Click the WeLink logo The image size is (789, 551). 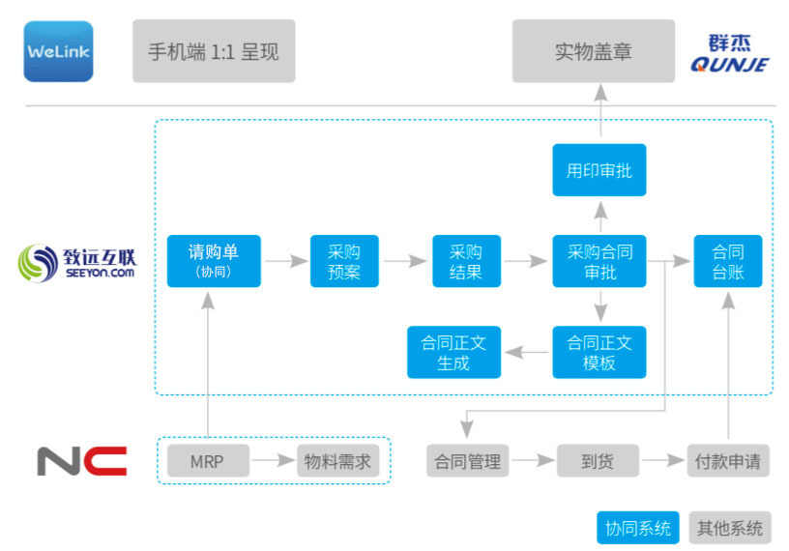click(x=58, y=51)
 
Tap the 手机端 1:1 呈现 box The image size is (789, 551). click(x=214, y=51)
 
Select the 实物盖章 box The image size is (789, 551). click(x=593, y=51)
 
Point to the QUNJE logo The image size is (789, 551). click(x=730, y=53)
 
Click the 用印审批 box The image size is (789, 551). click(x=599, y=170)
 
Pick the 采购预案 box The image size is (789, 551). click(x=344, y=261)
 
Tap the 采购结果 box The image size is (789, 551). click(x=466, y=261)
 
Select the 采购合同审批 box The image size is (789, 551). click(x=599, y=261)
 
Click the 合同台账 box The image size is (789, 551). click(x=728, y=261)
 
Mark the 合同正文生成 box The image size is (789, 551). click(x=453, y=352)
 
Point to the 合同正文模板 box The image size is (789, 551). click(x=599, y=352)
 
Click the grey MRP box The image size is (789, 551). click(x=207, y=461)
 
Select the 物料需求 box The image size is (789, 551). click(x=337, y=461)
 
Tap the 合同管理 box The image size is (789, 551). click(x=468, y=461)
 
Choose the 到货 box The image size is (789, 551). click(x=597, y=461)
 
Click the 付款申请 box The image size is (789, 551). click(x=727, y=461)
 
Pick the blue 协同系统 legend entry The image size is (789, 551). click(x=637, y=528)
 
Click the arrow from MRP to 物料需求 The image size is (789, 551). click(x=273, y=461)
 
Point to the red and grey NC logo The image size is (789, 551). click(x=82, y=460)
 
